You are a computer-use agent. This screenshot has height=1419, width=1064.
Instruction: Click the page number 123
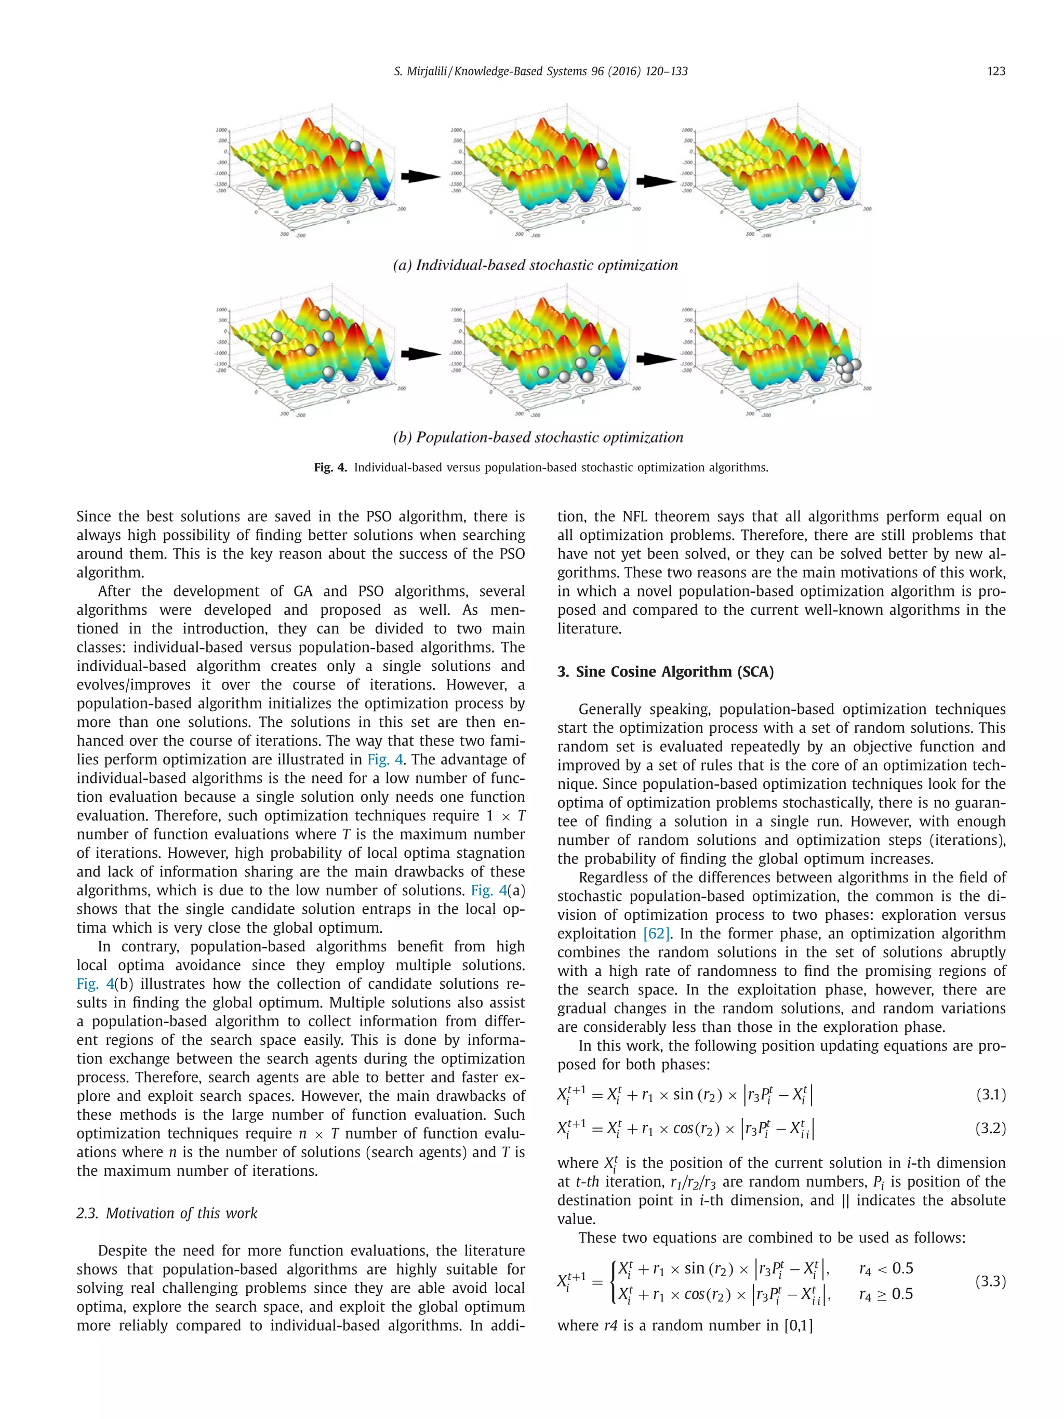995,71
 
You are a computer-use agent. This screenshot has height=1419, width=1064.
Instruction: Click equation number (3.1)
990,1094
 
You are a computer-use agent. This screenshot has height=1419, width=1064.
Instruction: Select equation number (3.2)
990,1128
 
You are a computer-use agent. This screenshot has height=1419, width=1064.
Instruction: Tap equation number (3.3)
990,1281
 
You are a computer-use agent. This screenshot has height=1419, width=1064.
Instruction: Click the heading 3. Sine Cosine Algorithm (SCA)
665,672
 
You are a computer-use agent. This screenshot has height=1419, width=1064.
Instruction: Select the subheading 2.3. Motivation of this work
167,1213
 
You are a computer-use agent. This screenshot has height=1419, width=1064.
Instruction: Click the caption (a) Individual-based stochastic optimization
535,265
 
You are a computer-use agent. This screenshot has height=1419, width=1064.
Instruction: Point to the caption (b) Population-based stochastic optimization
537,437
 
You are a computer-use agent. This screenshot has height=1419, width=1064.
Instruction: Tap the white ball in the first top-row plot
355,146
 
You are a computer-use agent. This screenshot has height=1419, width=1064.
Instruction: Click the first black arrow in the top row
420,176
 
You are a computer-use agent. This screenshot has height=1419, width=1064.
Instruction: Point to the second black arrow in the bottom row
656,358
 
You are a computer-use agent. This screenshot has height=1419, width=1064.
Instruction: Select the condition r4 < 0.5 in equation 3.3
886,1268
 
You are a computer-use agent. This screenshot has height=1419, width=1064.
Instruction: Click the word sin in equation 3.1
684,1094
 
